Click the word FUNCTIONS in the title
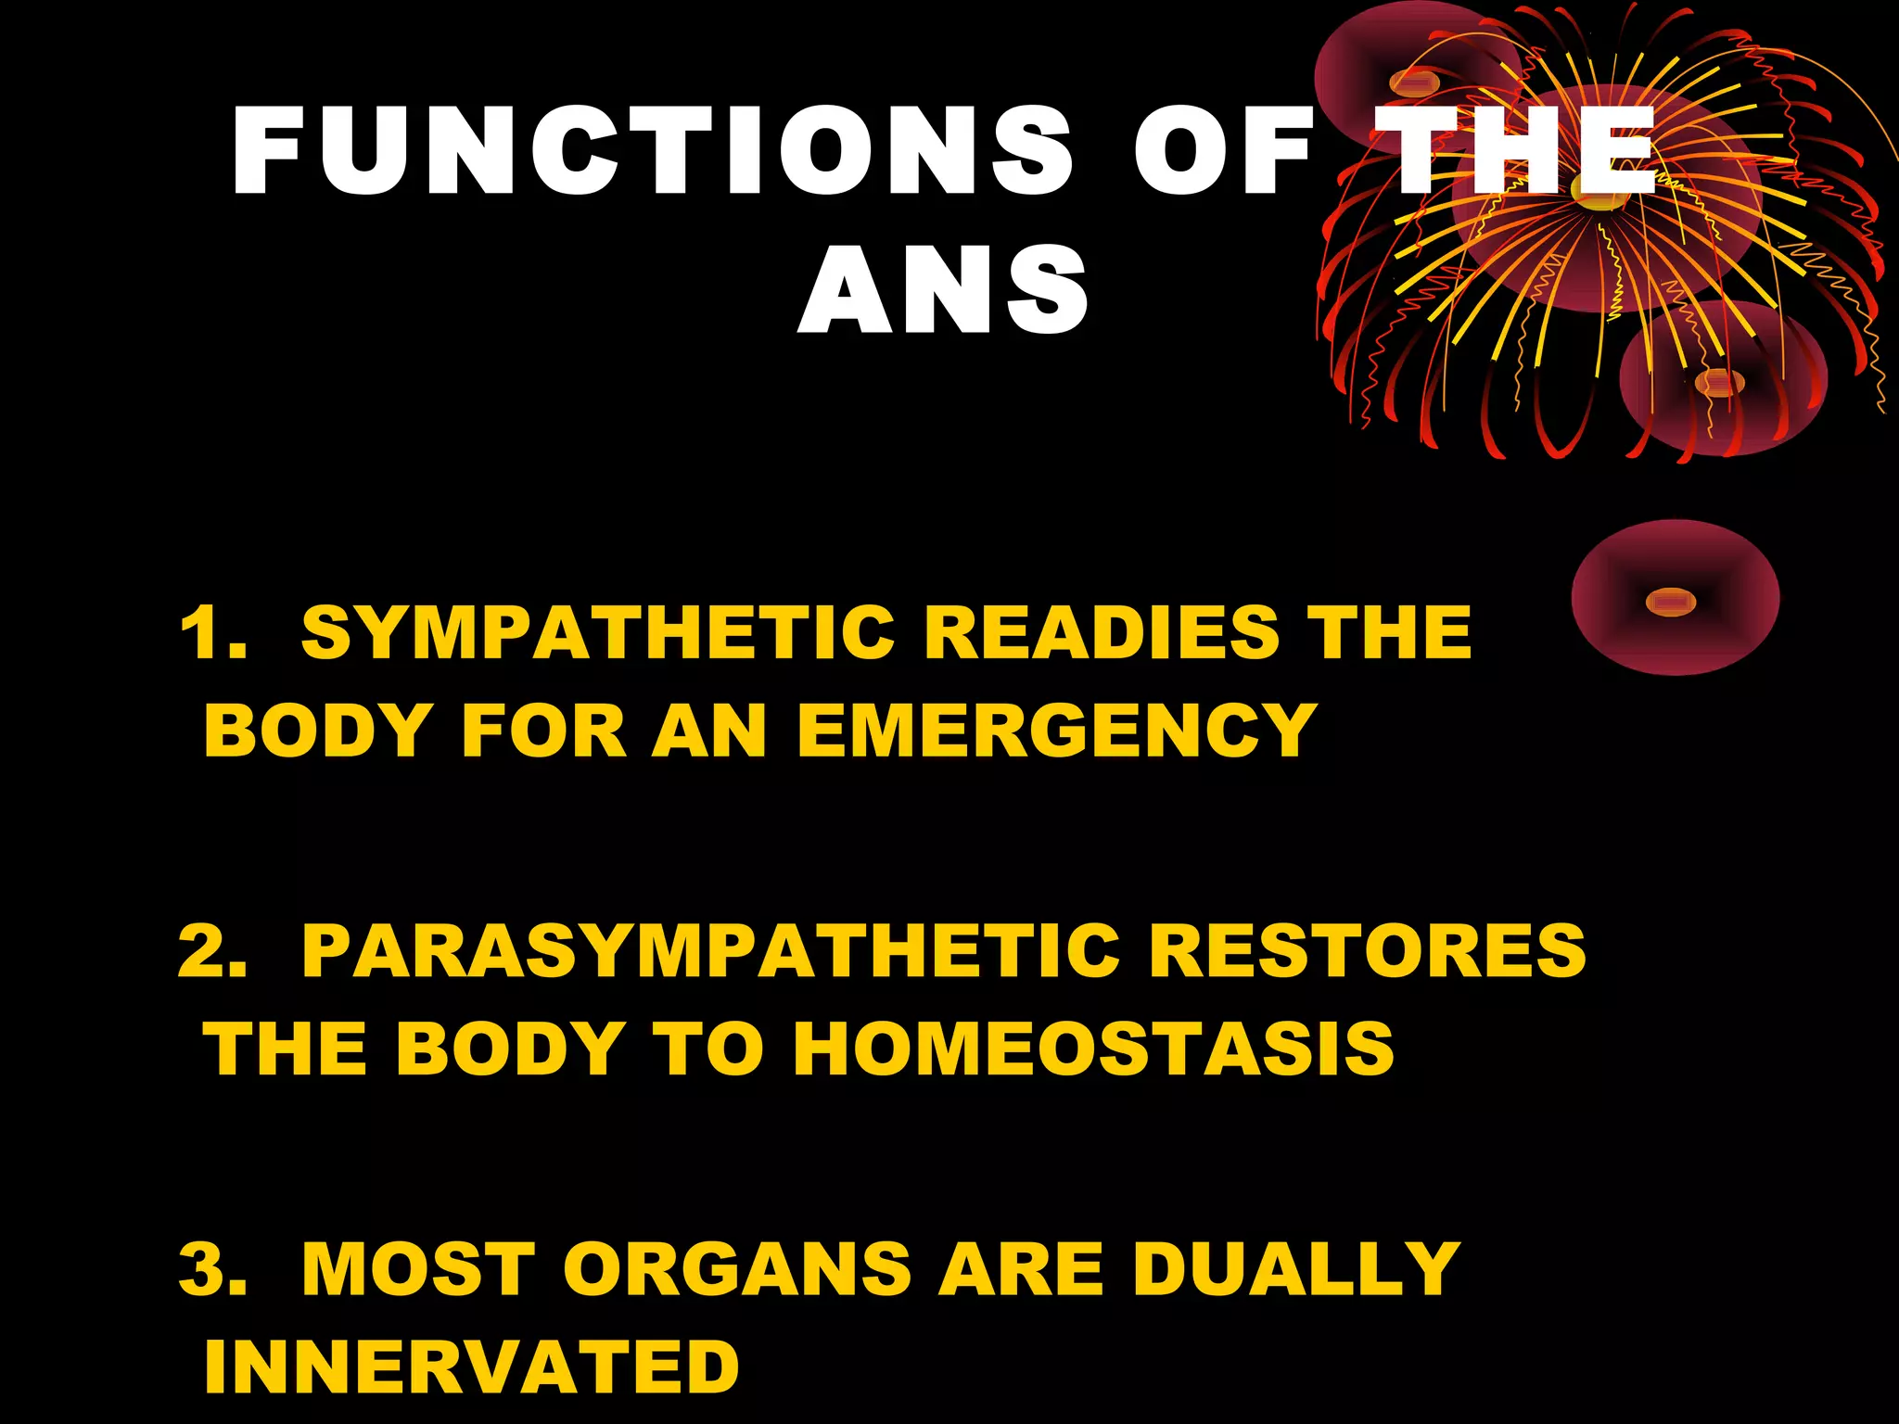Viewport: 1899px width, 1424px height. pyautogui.click(x=652, y=150)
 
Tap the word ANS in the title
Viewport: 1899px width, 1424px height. pyautogui.click(x=943, y=290)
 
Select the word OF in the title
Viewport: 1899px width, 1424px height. pyautogui.click(x=1223, y=150)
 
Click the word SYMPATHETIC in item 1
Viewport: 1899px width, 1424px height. pyautogui.click(x=598, y=633)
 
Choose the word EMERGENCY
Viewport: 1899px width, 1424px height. pyautogui.click(x=1056, y=731)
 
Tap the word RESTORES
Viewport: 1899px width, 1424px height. pyautogui.click(x=1368, y=952)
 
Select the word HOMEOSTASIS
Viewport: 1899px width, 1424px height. pyautogui.click(x=1093, y=1049)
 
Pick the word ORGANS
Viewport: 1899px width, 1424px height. pyautogui.click(x=737, y=1269)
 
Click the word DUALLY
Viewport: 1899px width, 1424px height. pyautogui.click(x=1295, y=1269)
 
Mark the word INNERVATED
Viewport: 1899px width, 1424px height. pyautogui.click(x=472, y=1367)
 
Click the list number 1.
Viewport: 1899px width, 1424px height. pyautogui.click(x=211, y=633)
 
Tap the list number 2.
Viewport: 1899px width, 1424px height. pyautogui.click(x=211, y=952)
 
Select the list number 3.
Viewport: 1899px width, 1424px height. pyautogui.click(x=211, y=1269)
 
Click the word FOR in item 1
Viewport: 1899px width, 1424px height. pyautogui.click(x=544, y=731)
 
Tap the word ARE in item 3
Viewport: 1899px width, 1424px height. pyautogui.click(x=1021, y=1269)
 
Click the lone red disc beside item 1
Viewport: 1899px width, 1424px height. pyautogui.click(x=1675, y=598)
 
